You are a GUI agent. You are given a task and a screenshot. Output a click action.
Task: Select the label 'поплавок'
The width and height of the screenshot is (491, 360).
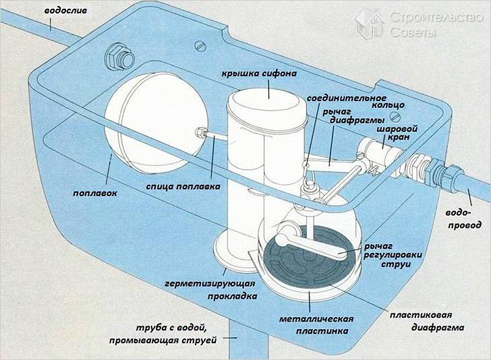[x=96, y=193]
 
